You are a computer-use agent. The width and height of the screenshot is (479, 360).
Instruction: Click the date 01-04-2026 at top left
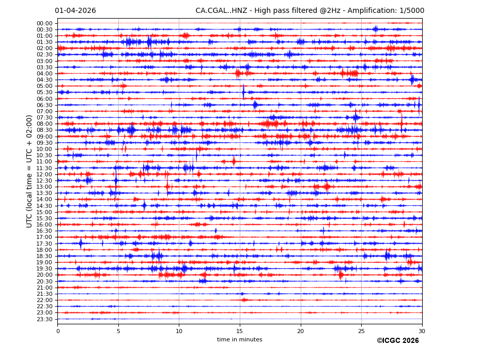coord(75,11)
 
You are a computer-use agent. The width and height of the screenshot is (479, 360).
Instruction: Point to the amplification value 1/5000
coord(412,11)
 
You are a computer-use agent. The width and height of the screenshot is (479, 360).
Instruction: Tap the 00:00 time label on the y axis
coord(44,23)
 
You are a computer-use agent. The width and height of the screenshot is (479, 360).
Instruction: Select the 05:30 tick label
coord(44,93)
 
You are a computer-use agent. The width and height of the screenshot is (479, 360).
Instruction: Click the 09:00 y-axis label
coord(44,137)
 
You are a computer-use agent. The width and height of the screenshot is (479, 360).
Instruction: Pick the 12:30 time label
coord(44,181)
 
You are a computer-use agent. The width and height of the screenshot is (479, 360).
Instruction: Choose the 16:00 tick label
coord(44,224)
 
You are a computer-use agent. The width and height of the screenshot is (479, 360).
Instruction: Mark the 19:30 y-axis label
coord(44,269)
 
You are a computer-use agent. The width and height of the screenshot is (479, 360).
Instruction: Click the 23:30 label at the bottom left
coord(44,319)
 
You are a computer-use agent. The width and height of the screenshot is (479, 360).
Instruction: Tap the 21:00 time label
coord(44,288)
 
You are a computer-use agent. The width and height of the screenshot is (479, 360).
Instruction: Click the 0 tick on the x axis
coord(58,331)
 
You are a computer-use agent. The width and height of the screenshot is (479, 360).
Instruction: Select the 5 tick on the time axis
coord(118,331)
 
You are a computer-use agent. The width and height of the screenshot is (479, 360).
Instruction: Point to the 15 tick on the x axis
coord(240,331)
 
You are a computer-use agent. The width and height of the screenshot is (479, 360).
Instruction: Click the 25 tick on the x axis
coord(361,331)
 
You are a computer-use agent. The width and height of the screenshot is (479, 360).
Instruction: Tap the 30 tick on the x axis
coord(422,331)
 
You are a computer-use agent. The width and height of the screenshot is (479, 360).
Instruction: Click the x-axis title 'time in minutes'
coord(240,340)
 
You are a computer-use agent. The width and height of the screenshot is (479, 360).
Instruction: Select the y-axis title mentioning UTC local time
coord(29,171)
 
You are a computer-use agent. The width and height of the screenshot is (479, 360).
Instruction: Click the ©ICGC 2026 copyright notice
coord(397,341)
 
